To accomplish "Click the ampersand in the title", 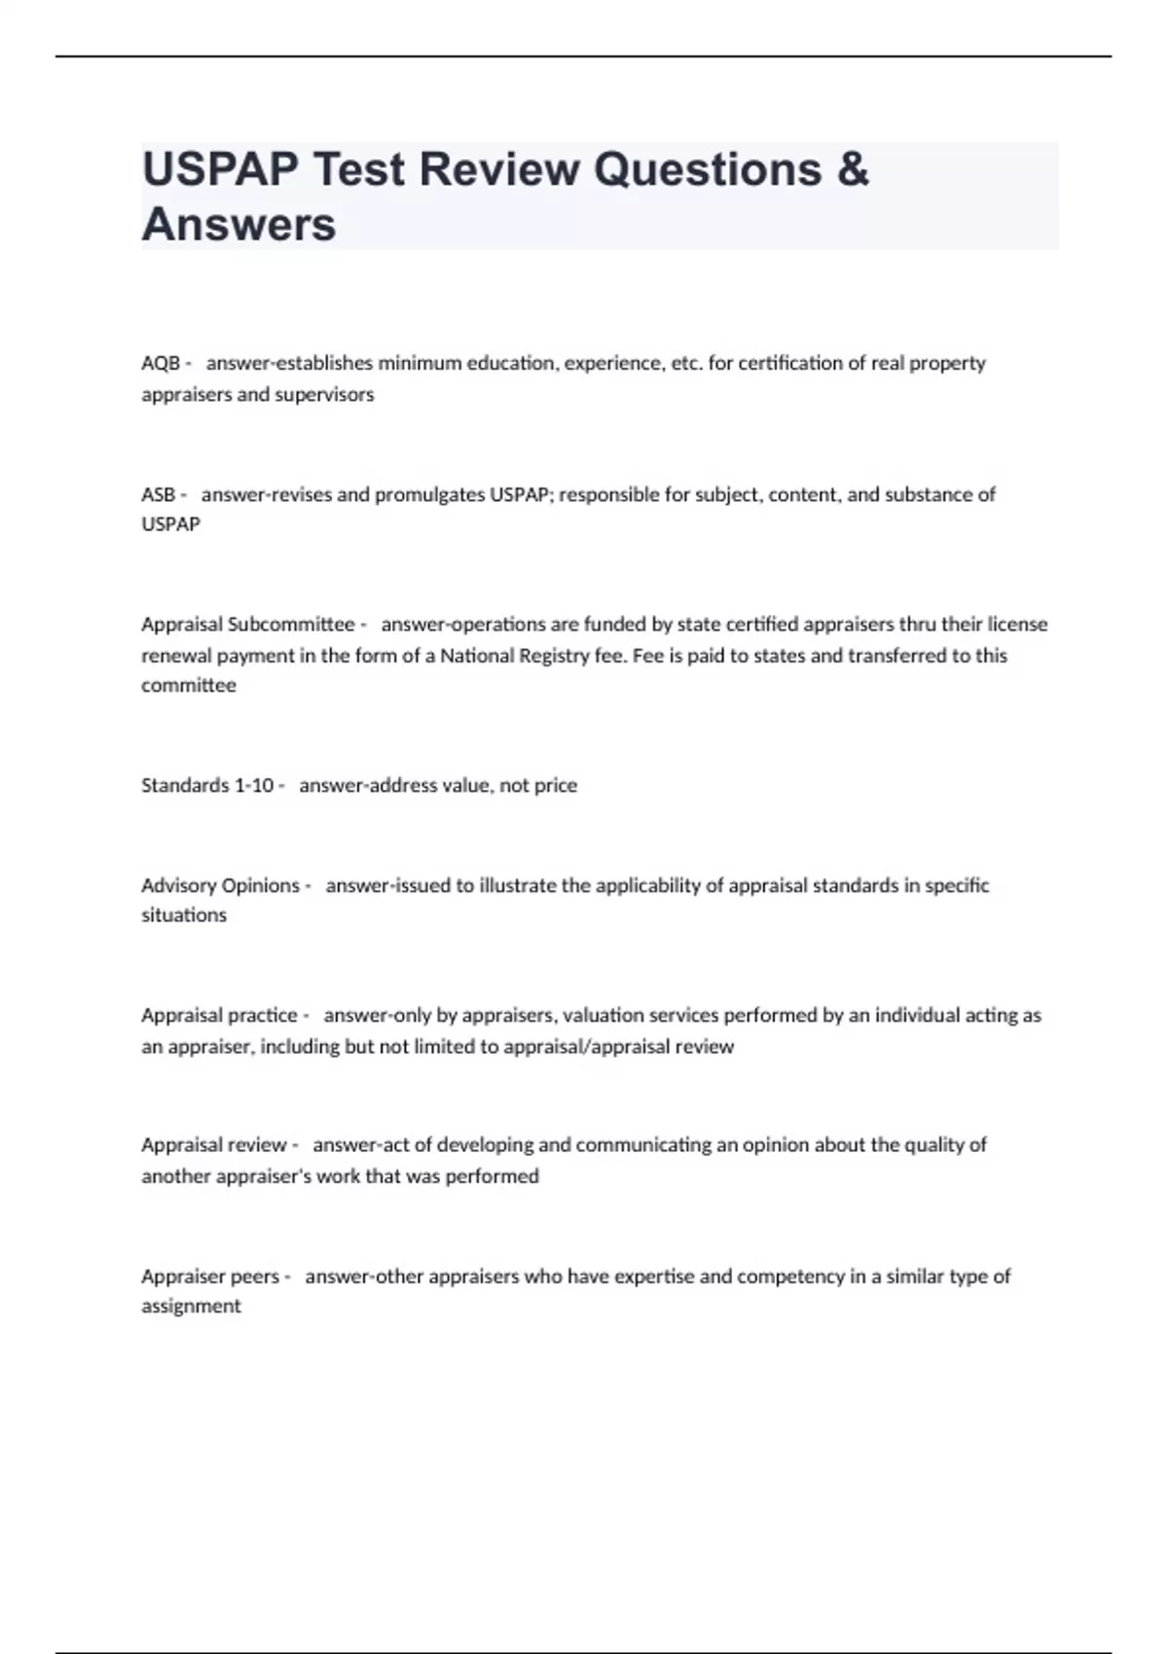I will (x=852, y=169).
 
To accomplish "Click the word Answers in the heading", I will (x=239, y=224).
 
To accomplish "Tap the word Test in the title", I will (x=354, y=169).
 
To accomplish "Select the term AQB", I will (x=161, y=363).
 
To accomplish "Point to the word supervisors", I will (x=324, y=394).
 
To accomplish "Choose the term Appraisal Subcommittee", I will (x=248, y=624).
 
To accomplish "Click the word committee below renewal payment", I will (x=189, y=685).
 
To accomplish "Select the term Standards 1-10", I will (x=207, y=785).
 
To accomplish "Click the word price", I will (x=556, y=785).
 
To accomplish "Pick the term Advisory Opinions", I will (x=221, y=885).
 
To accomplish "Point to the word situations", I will (x=184, y=915).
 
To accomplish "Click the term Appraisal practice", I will (x=219, y=1015).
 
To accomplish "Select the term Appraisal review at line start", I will (x=214, y=1144).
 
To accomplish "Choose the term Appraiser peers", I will (x=210, y=1276).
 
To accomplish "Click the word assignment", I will (x=191, y=1306).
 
